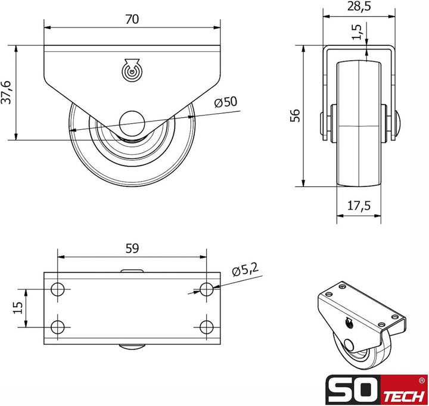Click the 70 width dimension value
coord(132,19)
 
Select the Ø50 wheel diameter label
coord(225,102)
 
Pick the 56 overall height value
coord(294,115)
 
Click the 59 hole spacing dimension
coord(132,249)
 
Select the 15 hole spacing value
coord(17,307)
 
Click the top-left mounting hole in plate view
coord(58,290)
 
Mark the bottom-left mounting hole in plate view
coord(58,326)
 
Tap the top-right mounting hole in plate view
coord(206,290)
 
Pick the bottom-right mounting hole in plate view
coord(206,326)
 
